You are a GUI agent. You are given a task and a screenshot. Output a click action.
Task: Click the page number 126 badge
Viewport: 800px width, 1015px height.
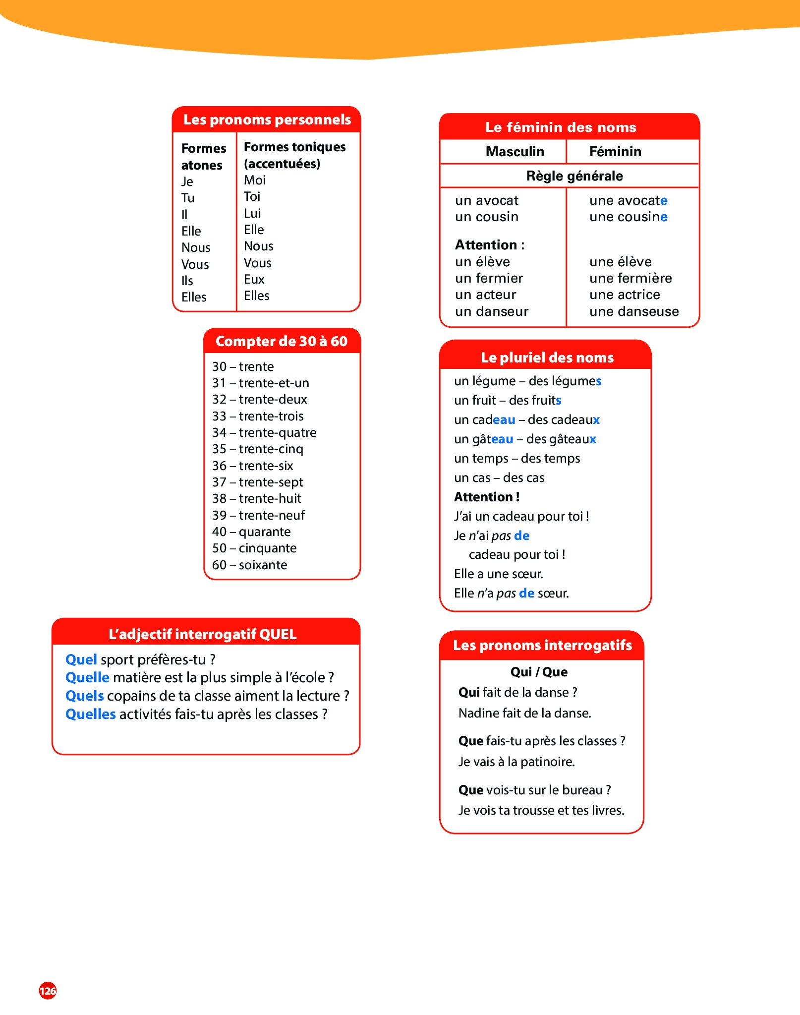tap(48, 991)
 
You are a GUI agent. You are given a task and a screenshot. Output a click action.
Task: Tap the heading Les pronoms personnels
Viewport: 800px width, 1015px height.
tap(267, 119)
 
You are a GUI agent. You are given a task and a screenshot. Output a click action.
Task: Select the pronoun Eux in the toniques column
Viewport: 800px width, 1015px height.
tap(254, 279)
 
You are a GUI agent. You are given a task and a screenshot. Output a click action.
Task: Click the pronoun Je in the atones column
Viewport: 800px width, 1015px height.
tap(187, 181)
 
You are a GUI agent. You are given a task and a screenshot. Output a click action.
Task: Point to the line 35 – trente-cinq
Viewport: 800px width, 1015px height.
tap(258, 449)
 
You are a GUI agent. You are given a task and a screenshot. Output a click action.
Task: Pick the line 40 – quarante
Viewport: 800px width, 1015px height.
tap(251, 532)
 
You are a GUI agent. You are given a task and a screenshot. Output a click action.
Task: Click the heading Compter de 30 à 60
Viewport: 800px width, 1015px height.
tap(282, 341)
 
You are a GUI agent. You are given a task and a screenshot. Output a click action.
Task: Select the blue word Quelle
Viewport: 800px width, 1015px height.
tap(87, 677)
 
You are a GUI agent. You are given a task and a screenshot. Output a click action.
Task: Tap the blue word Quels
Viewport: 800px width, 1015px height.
tap(85, 696)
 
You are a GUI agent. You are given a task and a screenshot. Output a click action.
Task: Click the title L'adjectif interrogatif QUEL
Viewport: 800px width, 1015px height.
tap(203, 634)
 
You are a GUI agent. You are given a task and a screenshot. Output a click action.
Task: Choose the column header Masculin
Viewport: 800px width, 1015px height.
tap(514, 152)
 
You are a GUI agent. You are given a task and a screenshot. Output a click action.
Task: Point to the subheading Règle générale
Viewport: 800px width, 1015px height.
tap(574, 176)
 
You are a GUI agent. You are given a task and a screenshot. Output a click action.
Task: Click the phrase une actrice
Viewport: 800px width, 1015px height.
tap(625, 295)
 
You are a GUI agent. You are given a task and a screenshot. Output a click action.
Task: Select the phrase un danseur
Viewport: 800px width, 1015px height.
tap(492, 311)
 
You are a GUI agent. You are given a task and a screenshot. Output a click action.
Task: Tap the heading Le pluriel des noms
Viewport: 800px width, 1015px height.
tap(547, 358)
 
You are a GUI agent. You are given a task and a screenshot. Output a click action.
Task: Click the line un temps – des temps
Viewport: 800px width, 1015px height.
tap(517, 458)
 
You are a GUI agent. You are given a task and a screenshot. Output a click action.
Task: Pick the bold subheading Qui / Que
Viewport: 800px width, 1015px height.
tap(539, 672)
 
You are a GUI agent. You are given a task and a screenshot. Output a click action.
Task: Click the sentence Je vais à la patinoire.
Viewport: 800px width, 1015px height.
tap(516, 762)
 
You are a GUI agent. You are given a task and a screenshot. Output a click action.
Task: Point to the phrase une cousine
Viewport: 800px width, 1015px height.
tap(628, 217)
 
